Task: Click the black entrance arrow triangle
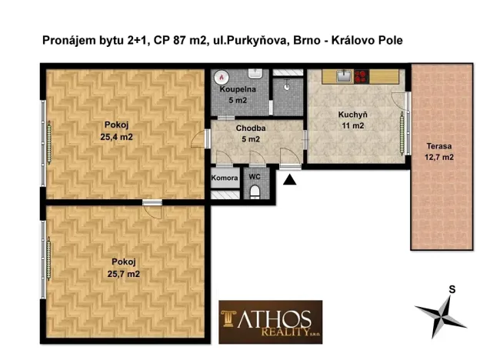click(x=290, y=179)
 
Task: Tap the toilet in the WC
click(x=255, y=192)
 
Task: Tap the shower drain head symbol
click(x=287, y=86)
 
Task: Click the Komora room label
click(x=225, y=177)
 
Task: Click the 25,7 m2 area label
click(x=124, y=272)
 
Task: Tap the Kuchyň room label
click(x=351, y=115)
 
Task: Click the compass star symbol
click(x=441, y=312)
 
